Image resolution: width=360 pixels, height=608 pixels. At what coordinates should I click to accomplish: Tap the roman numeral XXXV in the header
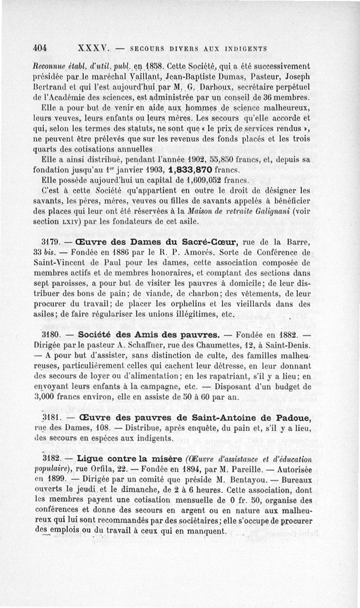coord(94,48)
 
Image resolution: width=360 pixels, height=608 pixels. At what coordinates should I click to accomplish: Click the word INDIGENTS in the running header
coord(247,49)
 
